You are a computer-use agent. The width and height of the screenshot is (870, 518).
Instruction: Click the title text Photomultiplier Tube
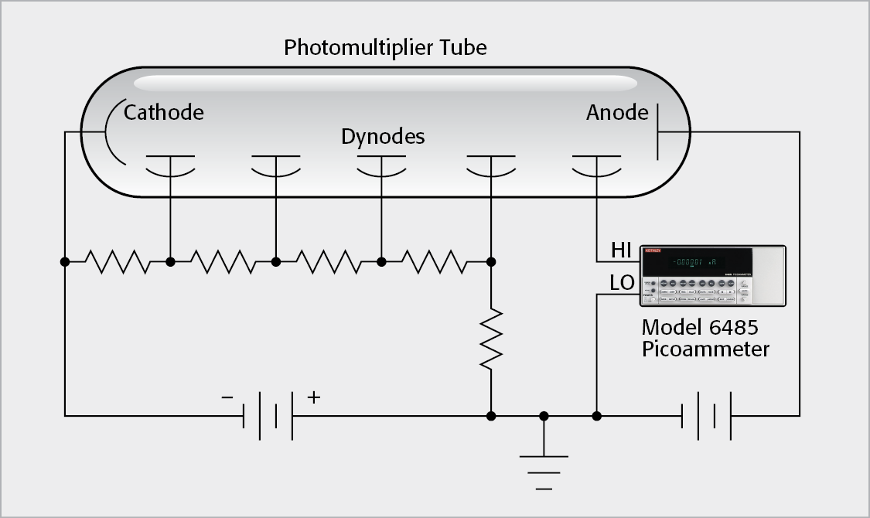pos(385,48)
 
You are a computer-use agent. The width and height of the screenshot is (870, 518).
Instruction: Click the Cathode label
pos(164,113)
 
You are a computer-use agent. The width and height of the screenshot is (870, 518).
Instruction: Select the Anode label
pos(616,113)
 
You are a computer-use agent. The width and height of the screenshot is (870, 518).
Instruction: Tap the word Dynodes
pos(383,137)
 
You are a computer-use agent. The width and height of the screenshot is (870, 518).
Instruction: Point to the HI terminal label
pos(622,250)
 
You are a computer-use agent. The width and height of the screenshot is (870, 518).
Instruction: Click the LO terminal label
pos(622,284)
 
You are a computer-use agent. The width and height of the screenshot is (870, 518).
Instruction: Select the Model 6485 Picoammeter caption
pos(705,338)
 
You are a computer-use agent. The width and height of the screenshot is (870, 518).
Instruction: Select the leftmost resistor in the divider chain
pos(118,262)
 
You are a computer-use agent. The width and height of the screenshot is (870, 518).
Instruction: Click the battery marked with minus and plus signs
pos(268,416)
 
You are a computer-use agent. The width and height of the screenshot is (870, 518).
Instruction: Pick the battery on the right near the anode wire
pos(706,416)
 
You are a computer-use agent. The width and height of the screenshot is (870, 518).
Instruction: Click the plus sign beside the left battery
pos(313,397)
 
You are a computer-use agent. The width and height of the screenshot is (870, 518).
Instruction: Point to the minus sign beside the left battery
pos(227,397)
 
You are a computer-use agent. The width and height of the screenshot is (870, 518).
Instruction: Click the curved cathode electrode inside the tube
pos(108,131)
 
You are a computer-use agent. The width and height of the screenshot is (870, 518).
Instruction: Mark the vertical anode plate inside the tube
pos(657,131)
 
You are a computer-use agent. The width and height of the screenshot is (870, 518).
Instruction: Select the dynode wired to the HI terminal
pos(596,164)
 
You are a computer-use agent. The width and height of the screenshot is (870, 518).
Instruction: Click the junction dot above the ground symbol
pos(544,416)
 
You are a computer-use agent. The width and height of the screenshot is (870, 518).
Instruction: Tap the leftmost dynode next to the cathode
pos(170,164)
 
